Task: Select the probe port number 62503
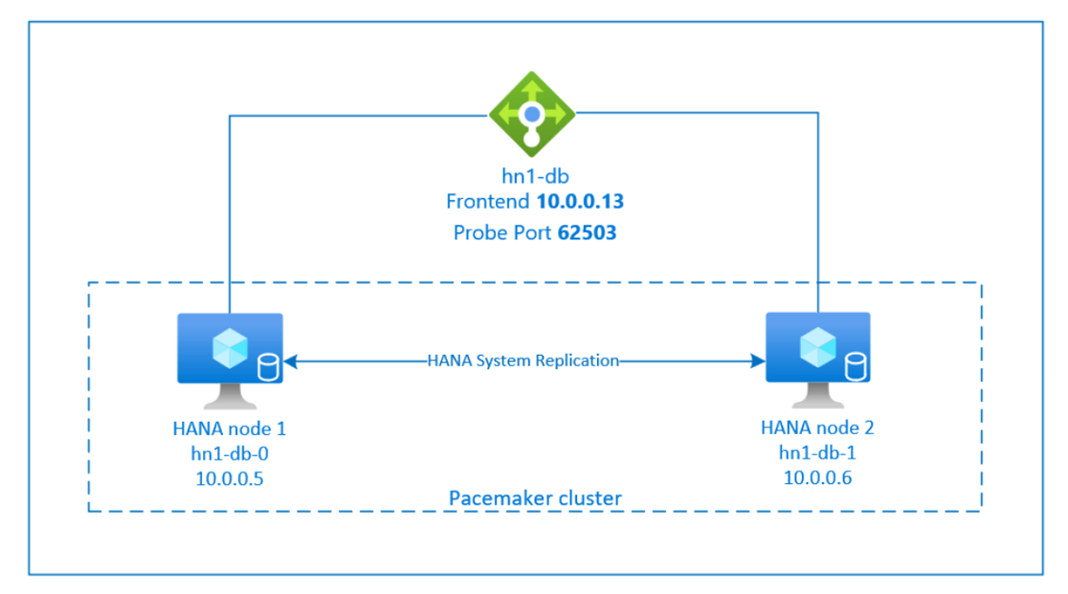586,232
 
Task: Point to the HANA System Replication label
523,362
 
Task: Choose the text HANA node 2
817,428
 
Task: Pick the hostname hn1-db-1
818,453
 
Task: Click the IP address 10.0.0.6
818,478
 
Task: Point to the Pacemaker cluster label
535,498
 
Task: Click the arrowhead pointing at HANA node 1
290,362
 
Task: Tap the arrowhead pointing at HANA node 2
758,362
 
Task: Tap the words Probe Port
499,232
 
